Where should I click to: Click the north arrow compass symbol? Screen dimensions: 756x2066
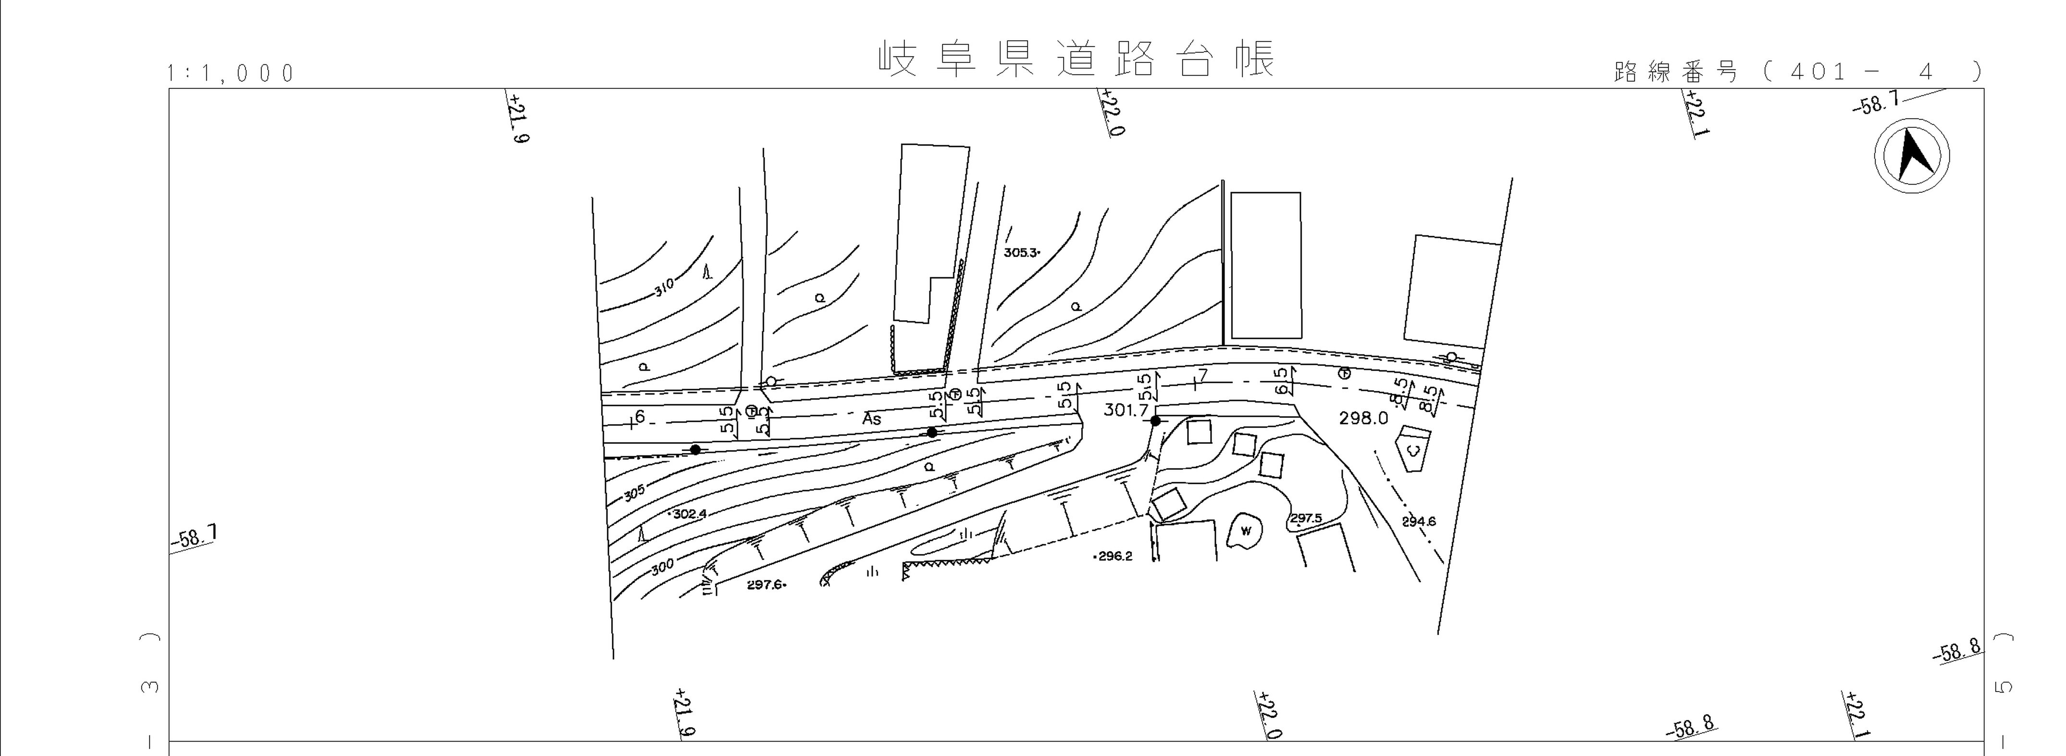coord(1912,156)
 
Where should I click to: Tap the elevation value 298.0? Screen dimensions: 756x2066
coord(1363,418)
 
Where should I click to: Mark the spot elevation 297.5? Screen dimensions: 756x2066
coord(1306,518)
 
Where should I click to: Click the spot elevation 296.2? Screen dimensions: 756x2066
coord(1115,556)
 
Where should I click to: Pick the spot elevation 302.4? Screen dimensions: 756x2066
coord(690,514)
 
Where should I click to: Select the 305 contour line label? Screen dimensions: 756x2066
coord(633,493)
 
